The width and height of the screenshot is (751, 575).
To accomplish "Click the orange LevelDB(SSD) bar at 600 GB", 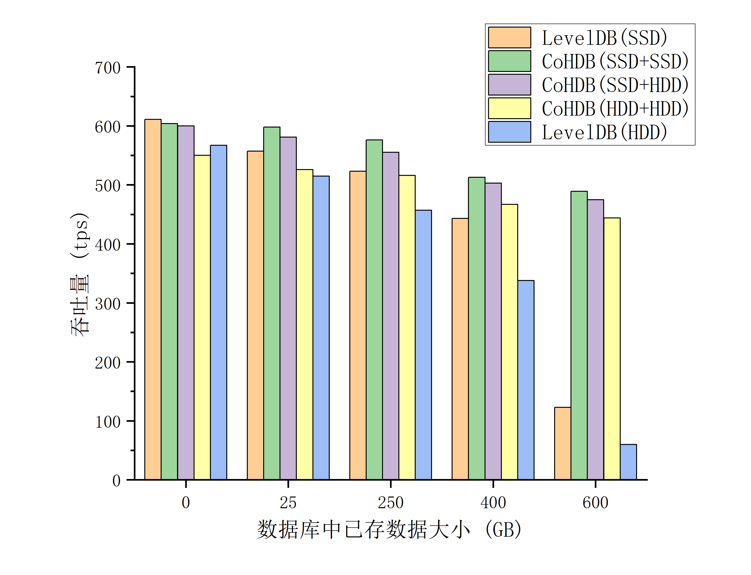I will pos(563,443).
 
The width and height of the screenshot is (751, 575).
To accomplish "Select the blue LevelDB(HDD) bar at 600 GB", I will pos(628,462).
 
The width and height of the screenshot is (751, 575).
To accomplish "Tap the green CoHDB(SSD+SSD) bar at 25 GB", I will pos(272,303).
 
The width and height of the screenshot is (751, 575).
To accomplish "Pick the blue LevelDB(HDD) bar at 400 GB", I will pos(526,380).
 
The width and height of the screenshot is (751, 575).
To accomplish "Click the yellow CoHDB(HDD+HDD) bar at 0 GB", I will pos(202,317).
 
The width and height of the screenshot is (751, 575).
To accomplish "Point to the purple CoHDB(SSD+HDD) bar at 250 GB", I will pos(391,316).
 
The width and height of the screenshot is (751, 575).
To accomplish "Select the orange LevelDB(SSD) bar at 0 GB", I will pos(153,299).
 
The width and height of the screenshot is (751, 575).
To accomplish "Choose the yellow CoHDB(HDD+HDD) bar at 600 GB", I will pos(612,348).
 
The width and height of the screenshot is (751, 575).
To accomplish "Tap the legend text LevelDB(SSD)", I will pos(604,38).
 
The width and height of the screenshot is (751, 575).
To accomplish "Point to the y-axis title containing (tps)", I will pos(80,274).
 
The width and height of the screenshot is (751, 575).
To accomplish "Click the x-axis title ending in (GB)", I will pos(389,530).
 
